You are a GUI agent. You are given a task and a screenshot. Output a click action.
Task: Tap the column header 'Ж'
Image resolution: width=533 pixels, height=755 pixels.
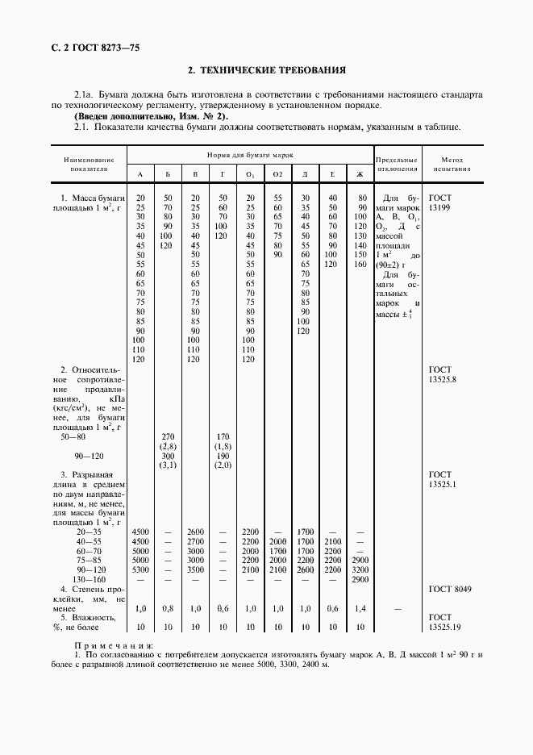tap(360, 175)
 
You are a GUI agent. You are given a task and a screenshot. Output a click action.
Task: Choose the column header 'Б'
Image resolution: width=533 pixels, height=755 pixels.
tap(167, 175)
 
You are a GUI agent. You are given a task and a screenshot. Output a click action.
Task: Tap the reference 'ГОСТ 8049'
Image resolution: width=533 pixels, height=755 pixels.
tap(450, 590)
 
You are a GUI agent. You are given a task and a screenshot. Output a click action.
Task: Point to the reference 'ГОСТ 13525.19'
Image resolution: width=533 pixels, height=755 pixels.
tap(444, 621)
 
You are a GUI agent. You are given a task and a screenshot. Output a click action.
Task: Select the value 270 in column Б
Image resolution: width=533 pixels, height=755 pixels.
tap(168, 436)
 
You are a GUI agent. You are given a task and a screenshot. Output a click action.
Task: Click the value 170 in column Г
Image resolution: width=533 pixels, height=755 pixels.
tap(223, 436)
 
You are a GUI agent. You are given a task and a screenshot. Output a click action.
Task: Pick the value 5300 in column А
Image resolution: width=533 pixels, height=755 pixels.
tap(139, 569)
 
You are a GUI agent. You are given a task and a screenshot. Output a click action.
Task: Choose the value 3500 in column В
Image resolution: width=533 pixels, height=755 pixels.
tap(194, 569)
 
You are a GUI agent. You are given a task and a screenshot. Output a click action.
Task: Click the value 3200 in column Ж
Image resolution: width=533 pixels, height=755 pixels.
tap(360, 569)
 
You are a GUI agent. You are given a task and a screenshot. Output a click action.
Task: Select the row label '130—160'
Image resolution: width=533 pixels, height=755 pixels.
tap(89, 580)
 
